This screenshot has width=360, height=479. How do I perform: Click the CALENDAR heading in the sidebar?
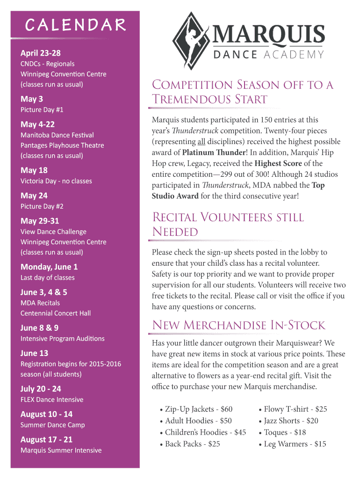(x=75, y=25)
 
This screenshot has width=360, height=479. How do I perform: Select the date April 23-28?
(x=41, y=53)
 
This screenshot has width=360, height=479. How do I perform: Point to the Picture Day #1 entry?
(x=42, y=110)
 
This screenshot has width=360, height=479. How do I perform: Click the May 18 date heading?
(x=34, y=170)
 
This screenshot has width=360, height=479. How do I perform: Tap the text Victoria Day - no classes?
(x=56, y=181)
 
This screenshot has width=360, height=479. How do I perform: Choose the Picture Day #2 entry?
(x=42, y=206)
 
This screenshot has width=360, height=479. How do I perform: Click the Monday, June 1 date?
(x=49, y=267)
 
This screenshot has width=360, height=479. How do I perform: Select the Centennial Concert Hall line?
(x=56, y=313)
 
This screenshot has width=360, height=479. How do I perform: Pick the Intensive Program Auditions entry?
(x=63, y=339)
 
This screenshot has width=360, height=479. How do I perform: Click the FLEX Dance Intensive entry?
(x=52, y=399)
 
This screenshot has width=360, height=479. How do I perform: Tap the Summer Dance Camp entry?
(x=52, y=425)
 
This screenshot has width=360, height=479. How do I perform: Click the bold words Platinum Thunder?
(x=213, y=152)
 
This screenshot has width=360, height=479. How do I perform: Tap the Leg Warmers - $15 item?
(x=295, y=444)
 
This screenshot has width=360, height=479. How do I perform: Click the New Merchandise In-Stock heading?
(x=238, y=325)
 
